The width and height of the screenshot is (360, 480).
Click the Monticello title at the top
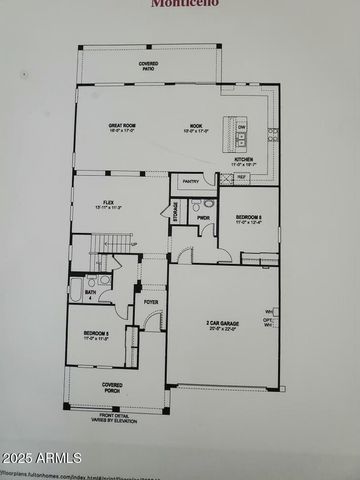tap(180, 4)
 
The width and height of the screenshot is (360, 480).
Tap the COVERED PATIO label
tap(148, 66)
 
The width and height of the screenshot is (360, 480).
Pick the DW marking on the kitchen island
tap(241, 127)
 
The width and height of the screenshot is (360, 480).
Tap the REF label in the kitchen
tap(241, 178)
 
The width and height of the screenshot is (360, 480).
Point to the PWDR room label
tap(203, 217)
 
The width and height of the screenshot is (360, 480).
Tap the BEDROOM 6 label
tap(248, 218)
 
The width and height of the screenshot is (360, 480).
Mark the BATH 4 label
tap(90, 295)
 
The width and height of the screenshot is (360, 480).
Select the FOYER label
tap(150, 301)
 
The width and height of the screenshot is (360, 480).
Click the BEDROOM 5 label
tap(96, 334)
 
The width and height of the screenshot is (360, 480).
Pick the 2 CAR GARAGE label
tap(221, 325)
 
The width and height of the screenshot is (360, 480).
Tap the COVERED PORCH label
tap(112, 387)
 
